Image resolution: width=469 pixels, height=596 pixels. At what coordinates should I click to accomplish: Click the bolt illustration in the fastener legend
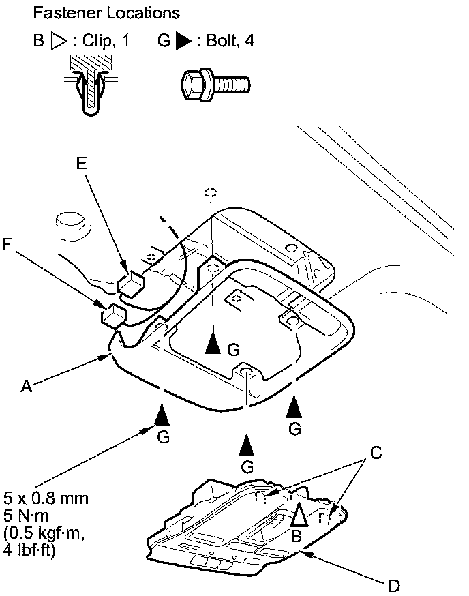(x=215, y=85)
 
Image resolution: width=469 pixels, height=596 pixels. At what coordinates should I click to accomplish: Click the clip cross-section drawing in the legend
(x=91, y=85)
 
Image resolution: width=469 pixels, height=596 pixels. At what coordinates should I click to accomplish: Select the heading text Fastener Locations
(x=106, y=13)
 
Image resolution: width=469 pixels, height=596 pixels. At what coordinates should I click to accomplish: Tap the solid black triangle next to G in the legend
(x=183, y=41)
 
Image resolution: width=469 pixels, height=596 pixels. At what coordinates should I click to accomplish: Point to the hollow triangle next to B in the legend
(x=59, y=41)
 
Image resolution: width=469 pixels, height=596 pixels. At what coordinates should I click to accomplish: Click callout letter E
(x=82, y=163)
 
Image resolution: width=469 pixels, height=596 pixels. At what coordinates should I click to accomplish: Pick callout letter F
(x=6, y=243)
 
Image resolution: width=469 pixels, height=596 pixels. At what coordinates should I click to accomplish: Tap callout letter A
(x=26, y=386)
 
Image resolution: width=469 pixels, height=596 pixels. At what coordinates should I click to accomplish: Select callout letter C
(x=376, y=453)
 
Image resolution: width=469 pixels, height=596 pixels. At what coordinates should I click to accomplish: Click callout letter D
(x=394, y=586)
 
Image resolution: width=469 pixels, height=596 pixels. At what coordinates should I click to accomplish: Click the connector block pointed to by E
(x=131, y=282)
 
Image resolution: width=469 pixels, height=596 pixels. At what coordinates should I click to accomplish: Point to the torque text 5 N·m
(x=26, y=516)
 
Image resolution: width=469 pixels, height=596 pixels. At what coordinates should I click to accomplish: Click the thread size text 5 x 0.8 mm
(x=46, y=498)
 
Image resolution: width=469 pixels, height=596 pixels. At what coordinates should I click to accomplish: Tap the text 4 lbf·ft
(x=29, y=550)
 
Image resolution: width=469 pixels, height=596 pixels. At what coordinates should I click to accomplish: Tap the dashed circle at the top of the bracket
(x=211, y=192)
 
